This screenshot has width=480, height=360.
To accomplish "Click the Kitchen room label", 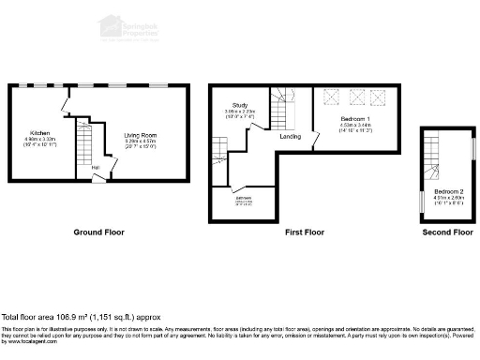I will [39, 133].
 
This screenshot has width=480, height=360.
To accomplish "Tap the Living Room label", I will [141, 135].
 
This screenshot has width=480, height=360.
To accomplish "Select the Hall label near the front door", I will [96, 168].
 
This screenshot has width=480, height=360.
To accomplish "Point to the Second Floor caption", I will [446, 231].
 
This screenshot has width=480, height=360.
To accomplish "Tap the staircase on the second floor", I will [431, 159].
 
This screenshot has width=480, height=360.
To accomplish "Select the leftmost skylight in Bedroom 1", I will [331, 96].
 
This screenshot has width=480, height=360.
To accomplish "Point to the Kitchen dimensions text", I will [39, 141].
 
